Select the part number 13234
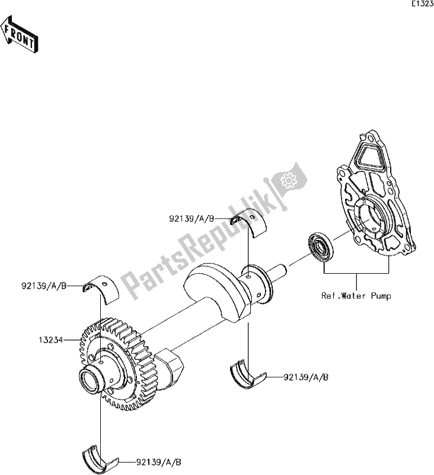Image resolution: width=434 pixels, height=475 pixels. click(x=51, y=341)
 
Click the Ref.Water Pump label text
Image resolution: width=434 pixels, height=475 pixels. click(x=356, y=295)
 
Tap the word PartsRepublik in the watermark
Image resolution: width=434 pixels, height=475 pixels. click(x=196, y=237)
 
